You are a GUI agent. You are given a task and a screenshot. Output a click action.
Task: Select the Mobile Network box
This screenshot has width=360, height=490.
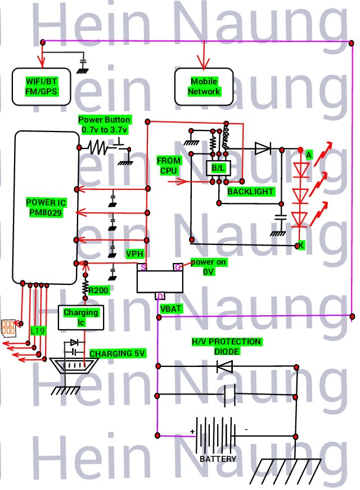coord(204,87)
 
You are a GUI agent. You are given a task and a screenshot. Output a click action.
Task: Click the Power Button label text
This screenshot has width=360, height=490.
coord(105,124)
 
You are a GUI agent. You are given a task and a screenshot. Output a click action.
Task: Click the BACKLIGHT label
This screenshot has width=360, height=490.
coord(250,192)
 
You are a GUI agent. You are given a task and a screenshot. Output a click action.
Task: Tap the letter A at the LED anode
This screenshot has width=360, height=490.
coord(308,154)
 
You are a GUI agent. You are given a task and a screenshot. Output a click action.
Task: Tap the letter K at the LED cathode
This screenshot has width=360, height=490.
coord(301,246)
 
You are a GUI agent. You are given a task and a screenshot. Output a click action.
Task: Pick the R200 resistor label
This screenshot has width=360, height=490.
coord(99,291)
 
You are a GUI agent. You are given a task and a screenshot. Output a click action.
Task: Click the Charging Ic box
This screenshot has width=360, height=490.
coord(80,317)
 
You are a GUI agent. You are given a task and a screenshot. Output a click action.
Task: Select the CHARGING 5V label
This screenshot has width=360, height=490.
coord(118,353)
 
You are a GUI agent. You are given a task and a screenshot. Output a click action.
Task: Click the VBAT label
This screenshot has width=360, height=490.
coord(170,309)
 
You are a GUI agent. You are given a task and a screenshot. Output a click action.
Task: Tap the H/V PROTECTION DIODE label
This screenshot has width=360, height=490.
coord(226,346)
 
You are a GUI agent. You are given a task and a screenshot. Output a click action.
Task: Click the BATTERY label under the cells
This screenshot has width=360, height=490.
coord(218,459)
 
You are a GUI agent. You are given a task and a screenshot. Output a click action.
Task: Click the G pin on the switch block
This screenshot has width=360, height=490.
coord(178,267)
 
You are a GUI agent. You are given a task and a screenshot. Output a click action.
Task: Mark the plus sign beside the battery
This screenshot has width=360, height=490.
coord(192,432)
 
